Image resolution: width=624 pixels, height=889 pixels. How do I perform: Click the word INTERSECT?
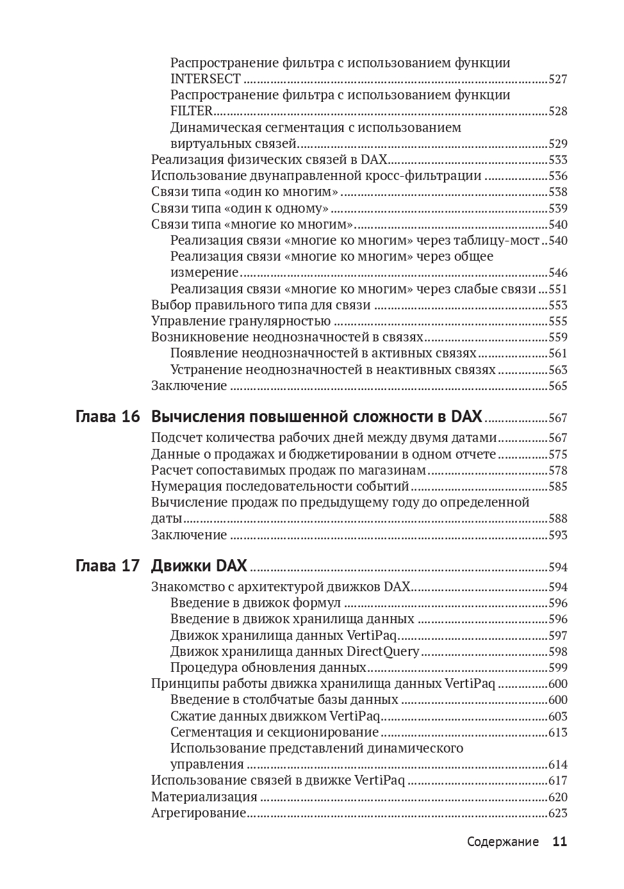click(x=206, y=79)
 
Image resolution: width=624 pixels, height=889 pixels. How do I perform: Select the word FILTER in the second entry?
click(x=191, y=111)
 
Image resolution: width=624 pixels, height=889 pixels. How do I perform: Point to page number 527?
click(x=557, y=79)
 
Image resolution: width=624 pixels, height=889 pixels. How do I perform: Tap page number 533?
click(x=557, y=160)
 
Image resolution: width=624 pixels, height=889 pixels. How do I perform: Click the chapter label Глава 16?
click(x=108, y=417)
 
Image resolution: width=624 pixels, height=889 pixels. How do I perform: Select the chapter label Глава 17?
click(x=108, y=566)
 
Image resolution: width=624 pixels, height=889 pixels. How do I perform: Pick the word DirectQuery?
click(x=382, y=652)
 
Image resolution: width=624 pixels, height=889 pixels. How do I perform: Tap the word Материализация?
click(x=204, y=797)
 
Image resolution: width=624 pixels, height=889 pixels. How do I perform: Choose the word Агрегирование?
click(x=199, y=813)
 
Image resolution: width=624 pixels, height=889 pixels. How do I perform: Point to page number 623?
click(x=557, y=813)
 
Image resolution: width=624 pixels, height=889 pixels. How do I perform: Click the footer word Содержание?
click(x=503, y=842)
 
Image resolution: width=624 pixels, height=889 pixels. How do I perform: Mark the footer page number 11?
click(x=559, y=842)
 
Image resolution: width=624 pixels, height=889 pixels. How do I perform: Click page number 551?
click(x=557, y=290)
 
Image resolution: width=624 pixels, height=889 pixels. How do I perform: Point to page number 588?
click(x=557, y=519)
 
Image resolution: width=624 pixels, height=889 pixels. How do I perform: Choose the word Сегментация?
click(x=209, y=733)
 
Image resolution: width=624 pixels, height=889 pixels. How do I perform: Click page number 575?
click(x=557, y=455)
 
